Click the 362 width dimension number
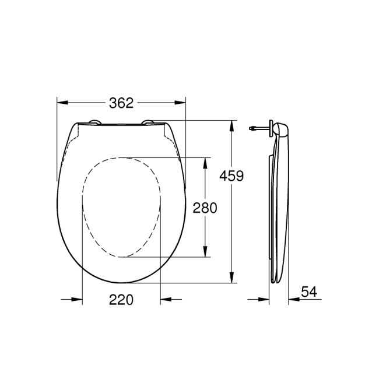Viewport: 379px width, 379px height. [x=121, y=103]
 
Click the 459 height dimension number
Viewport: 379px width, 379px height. [x=231, y=175]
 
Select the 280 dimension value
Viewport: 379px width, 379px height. [x=205, y=208]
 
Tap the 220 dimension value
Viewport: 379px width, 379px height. [x=121, y=300]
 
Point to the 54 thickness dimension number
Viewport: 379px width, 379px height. [x=309, y=292]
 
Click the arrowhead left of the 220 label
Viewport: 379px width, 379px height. [x=76, y=300]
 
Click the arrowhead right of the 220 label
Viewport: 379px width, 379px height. [x=166, y=300]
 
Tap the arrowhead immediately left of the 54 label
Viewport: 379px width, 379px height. [x=294, y=300]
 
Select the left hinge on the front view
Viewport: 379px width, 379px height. [x=93, y=123]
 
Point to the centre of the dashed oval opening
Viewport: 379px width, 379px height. [x=121, y=207]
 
